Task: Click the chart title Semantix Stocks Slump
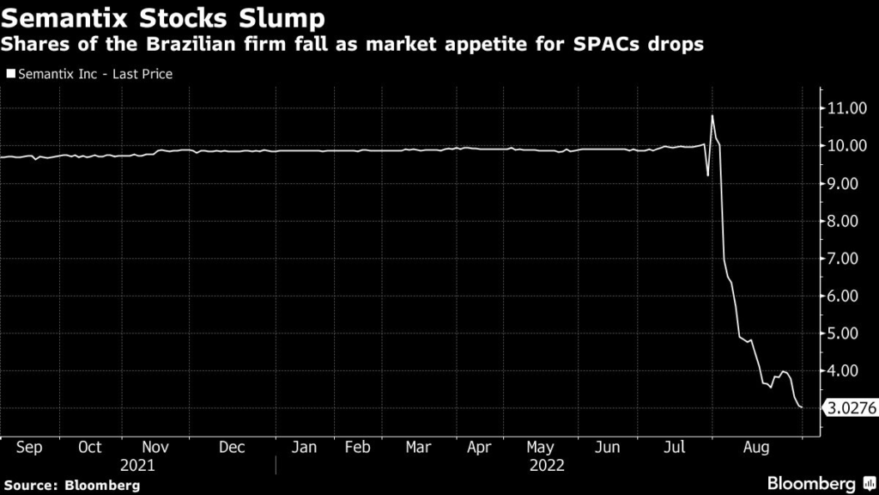coord(163,19)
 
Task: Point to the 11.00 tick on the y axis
coord(846,108)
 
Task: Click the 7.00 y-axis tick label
coord(846,259)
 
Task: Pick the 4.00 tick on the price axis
coord(846,371)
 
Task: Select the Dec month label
coord(232,448)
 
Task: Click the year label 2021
coord(137,465)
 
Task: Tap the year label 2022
coord(547,465)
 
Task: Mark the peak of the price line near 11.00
coord(712,115)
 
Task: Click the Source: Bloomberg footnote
coord(71,486)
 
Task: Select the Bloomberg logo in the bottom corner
coord(815,483)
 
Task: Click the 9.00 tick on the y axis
coord(846,184)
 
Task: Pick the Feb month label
coord(357,448)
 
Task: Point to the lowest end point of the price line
coord(802,407)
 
